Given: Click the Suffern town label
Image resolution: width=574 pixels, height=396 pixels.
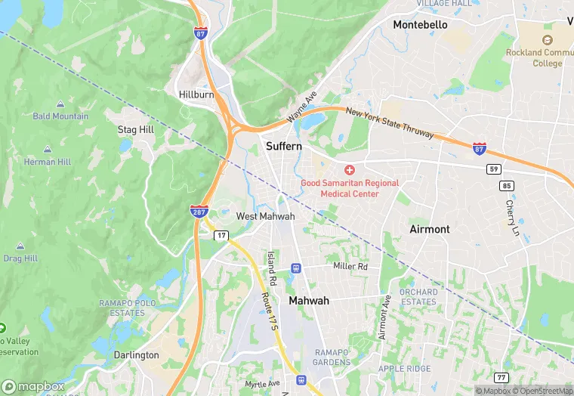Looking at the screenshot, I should [283, 145].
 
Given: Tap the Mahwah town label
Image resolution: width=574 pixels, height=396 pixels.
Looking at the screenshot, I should [309, 301].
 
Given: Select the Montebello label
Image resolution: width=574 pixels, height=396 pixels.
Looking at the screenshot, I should [420, 25].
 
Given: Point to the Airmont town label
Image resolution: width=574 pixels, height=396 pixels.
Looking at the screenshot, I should [429, 229].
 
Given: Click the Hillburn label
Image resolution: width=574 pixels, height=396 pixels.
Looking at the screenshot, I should [196, 94].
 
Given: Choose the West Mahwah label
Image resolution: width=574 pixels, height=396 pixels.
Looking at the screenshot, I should [265, 216].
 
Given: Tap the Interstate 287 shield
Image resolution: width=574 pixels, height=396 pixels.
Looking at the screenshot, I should [199, 211].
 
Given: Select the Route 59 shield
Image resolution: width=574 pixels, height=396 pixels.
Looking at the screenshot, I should [493, 169].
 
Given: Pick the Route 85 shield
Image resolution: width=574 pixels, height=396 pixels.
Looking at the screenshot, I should [507, 185].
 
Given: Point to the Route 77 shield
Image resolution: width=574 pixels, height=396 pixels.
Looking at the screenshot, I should [501, 377].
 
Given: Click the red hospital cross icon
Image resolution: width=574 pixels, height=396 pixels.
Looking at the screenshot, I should [350, 171].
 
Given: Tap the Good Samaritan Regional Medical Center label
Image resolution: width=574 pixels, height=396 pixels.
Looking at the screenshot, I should [350, 188].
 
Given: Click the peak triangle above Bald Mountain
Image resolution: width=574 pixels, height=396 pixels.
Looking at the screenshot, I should [60, 104].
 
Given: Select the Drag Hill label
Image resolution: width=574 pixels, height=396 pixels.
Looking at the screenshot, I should [20, 258].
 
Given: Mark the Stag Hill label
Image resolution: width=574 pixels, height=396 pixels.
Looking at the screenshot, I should [136, 130].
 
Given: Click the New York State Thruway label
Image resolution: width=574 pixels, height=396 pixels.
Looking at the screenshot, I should [390, 123].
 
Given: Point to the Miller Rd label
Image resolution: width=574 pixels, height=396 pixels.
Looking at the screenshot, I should [350, 267].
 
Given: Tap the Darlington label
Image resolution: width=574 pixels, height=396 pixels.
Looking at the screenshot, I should [136, 355].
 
